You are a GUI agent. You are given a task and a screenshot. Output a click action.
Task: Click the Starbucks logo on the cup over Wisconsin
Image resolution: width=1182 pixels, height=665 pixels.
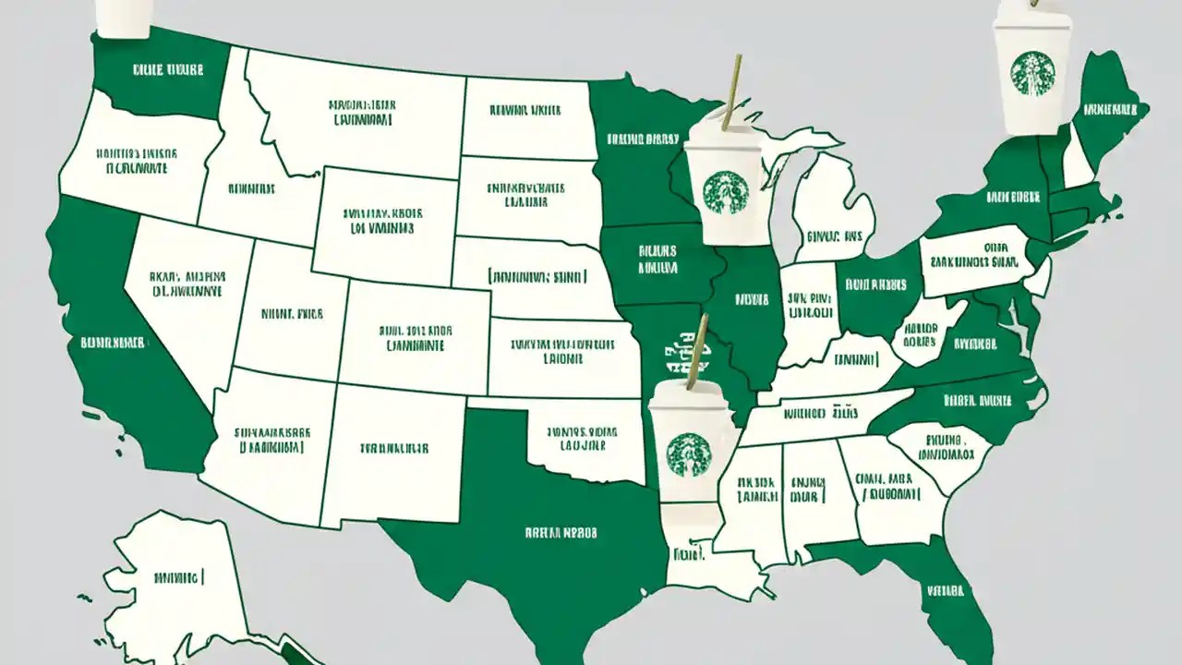coord(723,191)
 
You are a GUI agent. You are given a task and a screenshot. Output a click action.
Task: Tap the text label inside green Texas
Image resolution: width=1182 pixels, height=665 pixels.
coord(561,533)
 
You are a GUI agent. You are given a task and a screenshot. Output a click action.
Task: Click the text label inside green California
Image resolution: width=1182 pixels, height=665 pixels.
coord(112,343)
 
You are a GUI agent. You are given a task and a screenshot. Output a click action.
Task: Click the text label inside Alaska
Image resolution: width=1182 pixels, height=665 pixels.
coord(178,578)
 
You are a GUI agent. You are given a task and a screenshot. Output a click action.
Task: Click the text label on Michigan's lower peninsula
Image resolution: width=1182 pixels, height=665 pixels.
coord(834,236)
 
